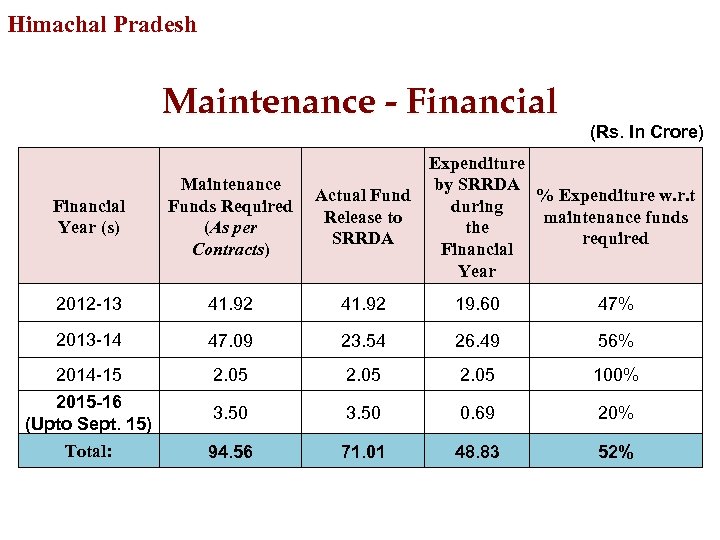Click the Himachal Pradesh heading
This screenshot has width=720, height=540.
click(102, 24)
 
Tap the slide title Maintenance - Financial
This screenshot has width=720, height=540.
click(359, 101)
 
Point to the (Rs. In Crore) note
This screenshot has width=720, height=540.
click(646, 132)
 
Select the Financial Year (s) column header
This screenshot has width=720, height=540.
click(89, 217)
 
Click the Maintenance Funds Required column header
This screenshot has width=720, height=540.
click(230, 216)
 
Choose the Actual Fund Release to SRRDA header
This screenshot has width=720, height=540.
click(362, 217)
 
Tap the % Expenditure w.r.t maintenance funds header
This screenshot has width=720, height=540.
click(615, 217)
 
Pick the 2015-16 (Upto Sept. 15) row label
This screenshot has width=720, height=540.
click(89, 413)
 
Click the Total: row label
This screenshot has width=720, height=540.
click(89, 451)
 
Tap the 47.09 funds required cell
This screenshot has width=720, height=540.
click(230, 341)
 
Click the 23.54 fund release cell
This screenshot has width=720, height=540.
click(362, 341)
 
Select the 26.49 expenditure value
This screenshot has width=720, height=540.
click(477, 341)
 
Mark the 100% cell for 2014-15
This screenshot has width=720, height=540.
click(615, 376)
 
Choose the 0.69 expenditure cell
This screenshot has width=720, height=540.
click(477, 413)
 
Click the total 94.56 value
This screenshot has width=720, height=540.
click(230, 452)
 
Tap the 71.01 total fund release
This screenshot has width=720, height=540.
click(362, 452)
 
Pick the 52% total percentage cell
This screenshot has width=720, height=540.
click(615, 452)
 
